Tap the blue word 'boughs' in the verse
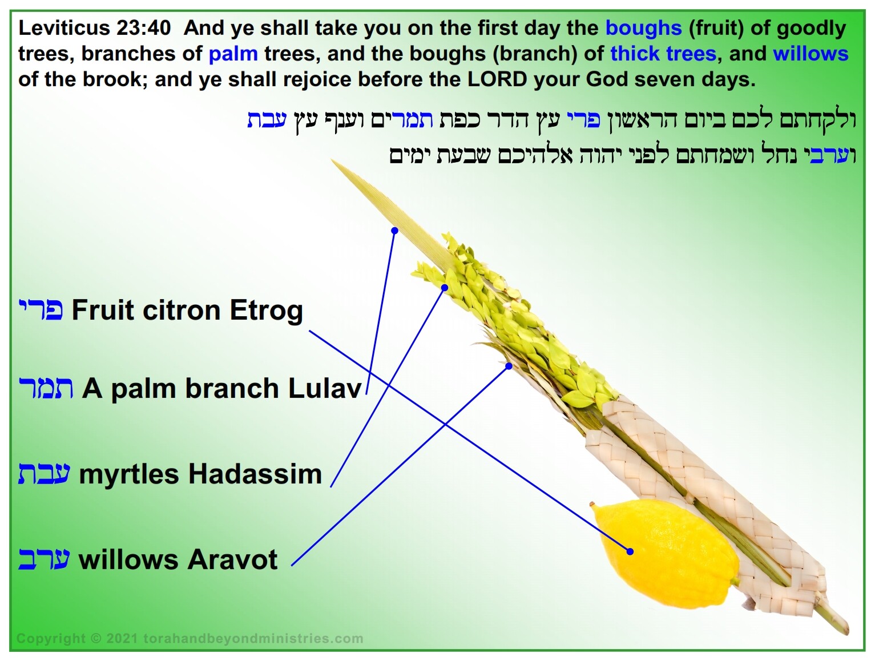click(643, 29)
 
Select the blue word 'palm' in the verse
click(233, 54)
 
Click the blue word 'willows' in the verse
click(811, 54)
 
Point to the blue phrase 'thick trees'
click(663, 54)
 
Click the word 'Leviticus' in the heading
click(64, 29)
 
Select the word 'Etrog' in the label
click(267, 311)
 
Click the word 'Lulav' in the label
click(325, 388)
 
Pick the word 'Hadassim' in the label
click(255, 474)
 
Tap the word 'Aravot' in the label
click(232, 560)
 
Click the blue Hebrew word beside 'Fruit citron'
click(41, 310)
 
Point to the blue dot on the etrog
click(630, 552)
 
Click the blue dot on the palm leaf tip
click(394, 231)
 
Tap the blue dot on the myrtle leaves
click(445, 288)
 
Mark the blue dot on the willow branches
click(509, 365)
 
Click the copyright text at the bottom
click(189, 638)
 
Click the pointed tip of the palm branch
click(332, 160)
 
